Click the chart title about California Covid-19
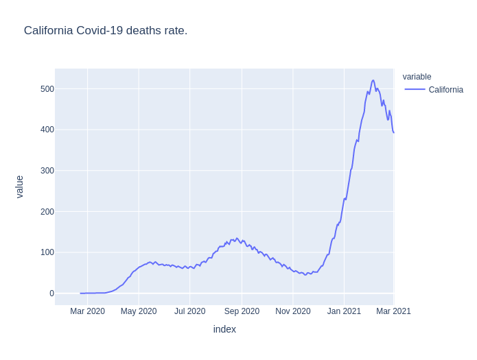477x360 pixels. coord(106,31)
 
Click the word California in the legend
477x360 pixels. coord(445,90)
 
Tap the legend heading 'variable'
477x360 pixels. coord(417,77)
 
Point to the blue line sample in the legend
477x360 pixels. coord(415,90)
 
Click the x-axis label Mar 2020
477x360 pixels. coord(87,311)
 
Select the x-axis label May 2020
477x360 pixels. coord(139,311)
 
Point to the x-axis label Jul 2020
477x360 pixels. coord(189,311)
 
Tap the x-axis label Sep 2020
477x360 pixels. coord(242,311)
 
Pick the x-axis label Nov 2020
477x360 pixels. coord(293,311)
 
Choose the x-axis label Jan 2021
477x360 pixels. coord(344,311)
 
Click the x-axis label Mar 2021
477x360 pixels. coord(393,311)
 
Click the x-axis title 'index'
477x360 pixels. coord(224,330)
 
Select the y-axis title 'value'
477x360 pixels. coord(20,187)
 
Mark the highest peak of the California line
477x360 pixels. coord(373,80)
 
